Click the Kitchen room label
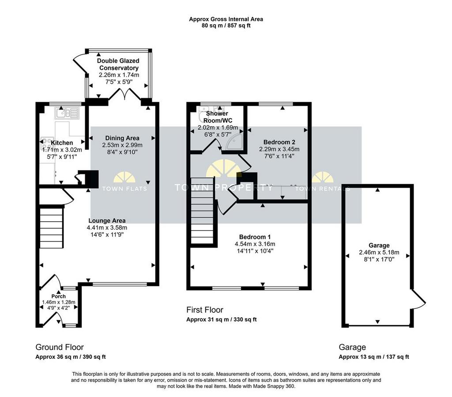pos(62,143)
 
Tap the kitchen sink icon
pos(67,113)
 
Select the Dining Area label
pos(122,138)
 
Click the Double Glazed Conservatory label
pos(118,64)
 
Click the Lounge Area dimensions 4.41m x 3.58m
pos(107,227)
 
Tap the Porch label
pos(59,296)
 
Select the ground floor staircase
pos(51,227)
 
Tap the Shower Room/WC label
pos(218,117)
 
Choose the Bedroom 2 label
pos(279,142)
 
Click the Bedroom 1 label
pos(255,237)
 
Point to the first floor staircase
pos(202,211)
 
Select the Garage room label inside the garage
pos(379,245)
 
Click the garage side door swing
pos(418,299)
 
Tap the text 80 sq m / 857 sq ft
pos(226,25)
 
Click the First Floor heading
pos(205,310)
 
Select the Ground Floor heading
pos(60,347)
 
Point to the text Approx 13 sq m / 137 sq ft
pos(373,357)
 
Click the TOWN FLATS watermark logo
pos(124,182)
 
